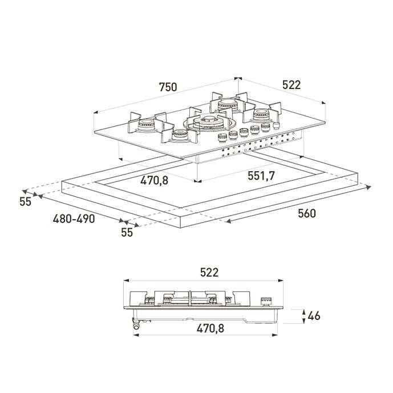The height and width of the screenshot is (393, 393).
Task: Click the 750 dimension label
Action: pos(168,87)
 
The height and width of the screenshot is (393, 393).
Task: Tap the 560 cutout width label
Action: pos(307,213)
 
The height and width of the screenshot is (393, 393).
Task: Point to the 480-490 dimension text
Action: pos(74,219)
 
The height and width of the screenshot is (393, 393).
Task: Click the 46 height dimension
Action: pos(314,316)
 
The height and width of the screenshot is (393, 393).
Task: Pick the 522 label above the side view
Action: pos(209,273)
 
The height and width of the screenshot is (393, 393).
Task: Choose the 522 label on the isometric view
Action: pos(291,85)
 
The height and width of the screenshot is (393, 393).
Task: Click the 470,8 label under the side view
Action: pos(210,329)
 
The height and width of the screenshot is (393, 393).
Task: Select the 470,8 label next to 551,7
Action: pos(154,180)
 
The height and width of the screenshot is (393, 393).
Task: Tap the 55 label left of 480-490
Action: pos(25,202)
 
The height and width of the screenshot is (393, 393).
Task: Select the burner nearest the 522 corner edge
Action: pos(261,114)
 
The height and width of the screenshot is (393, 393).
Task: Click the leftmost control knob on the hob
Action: pos(222,138)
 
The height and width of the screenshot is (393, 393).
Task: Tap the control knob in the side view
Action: pos(267,302)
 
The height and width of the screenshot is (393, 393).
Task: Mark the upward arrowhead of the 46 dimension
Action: pos(303,312)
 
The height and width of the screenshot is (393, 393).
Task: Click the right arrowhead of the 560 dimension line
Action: pos(368,187)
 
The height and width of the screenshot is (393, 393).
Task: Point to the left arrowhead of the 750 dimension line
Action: pos(96,112)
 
